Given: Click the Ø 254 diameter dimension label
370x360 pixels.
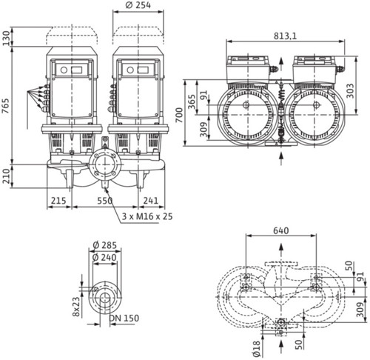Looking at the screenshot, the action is pos(138,5).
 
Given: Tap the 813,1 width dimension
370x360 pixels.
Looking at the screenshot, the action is pos(286,36).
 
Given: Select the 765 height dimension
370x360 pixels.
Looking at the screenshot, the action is pos(5,106).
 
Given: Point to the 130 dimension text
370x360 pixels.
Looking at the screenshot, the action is pos(5,38).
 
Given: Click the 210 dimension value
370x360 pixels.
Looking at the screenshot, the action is pos(5,176).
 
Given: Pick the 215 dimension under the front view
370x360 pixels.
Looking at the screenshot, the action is pos(58,201).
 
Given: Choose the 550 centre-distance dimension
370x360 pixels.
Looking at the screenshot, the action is pos(105,201).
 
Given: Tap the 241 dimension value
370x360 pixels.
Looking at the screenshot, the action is pos(151,201).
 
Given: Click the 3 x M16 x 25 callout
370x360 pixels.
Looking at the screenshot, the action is pos(147,216).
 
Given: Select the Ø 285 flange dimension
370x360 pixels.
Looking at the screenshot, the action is pos(105,245).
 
